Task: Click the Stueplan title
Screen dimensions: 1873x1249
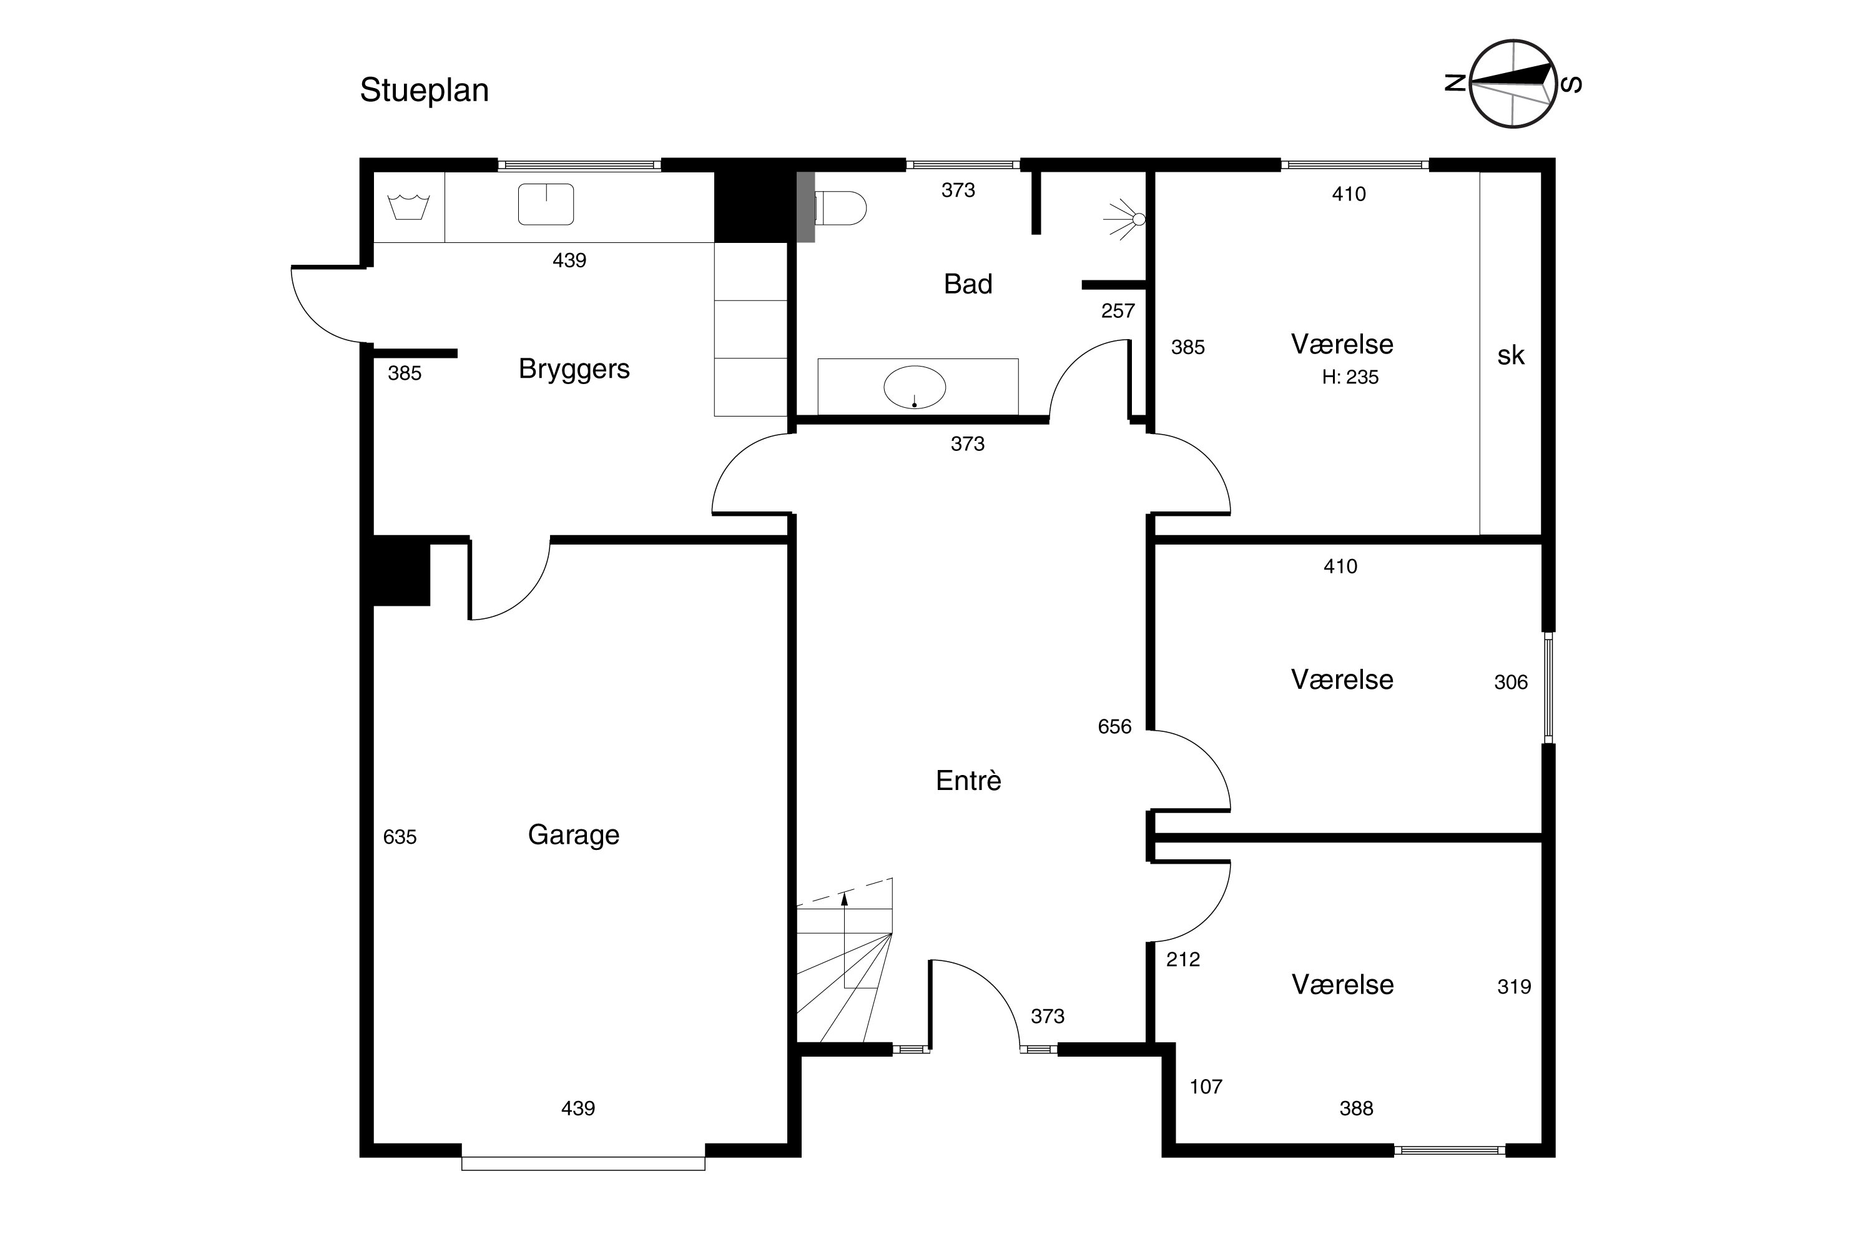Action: click(425, 91)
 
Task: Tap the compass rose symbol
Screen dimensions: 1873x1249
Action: click(1512, 84)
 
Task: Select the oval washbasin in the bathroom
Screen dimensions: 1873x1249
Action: click(915, 388)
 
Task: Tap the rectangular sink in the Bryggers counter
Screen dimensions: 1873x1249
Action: click(546, 204)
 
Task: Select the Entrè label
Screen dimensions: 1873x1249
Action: click(968, 781)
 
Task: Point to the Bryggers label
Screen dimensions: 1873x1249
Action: click(574, 370)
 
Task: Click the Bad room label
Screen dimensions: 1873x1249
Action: click(968, 284)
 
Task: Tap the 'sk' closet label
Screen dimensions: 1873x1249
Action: click(1511, 355)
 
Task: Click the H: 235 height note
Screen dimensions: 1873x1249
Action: click(1350, 378)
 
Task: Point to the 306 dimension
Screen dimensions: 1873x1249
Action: click(1511, 683)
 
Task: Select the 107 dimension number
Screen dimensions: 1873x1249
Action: click(1206, 1087)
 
